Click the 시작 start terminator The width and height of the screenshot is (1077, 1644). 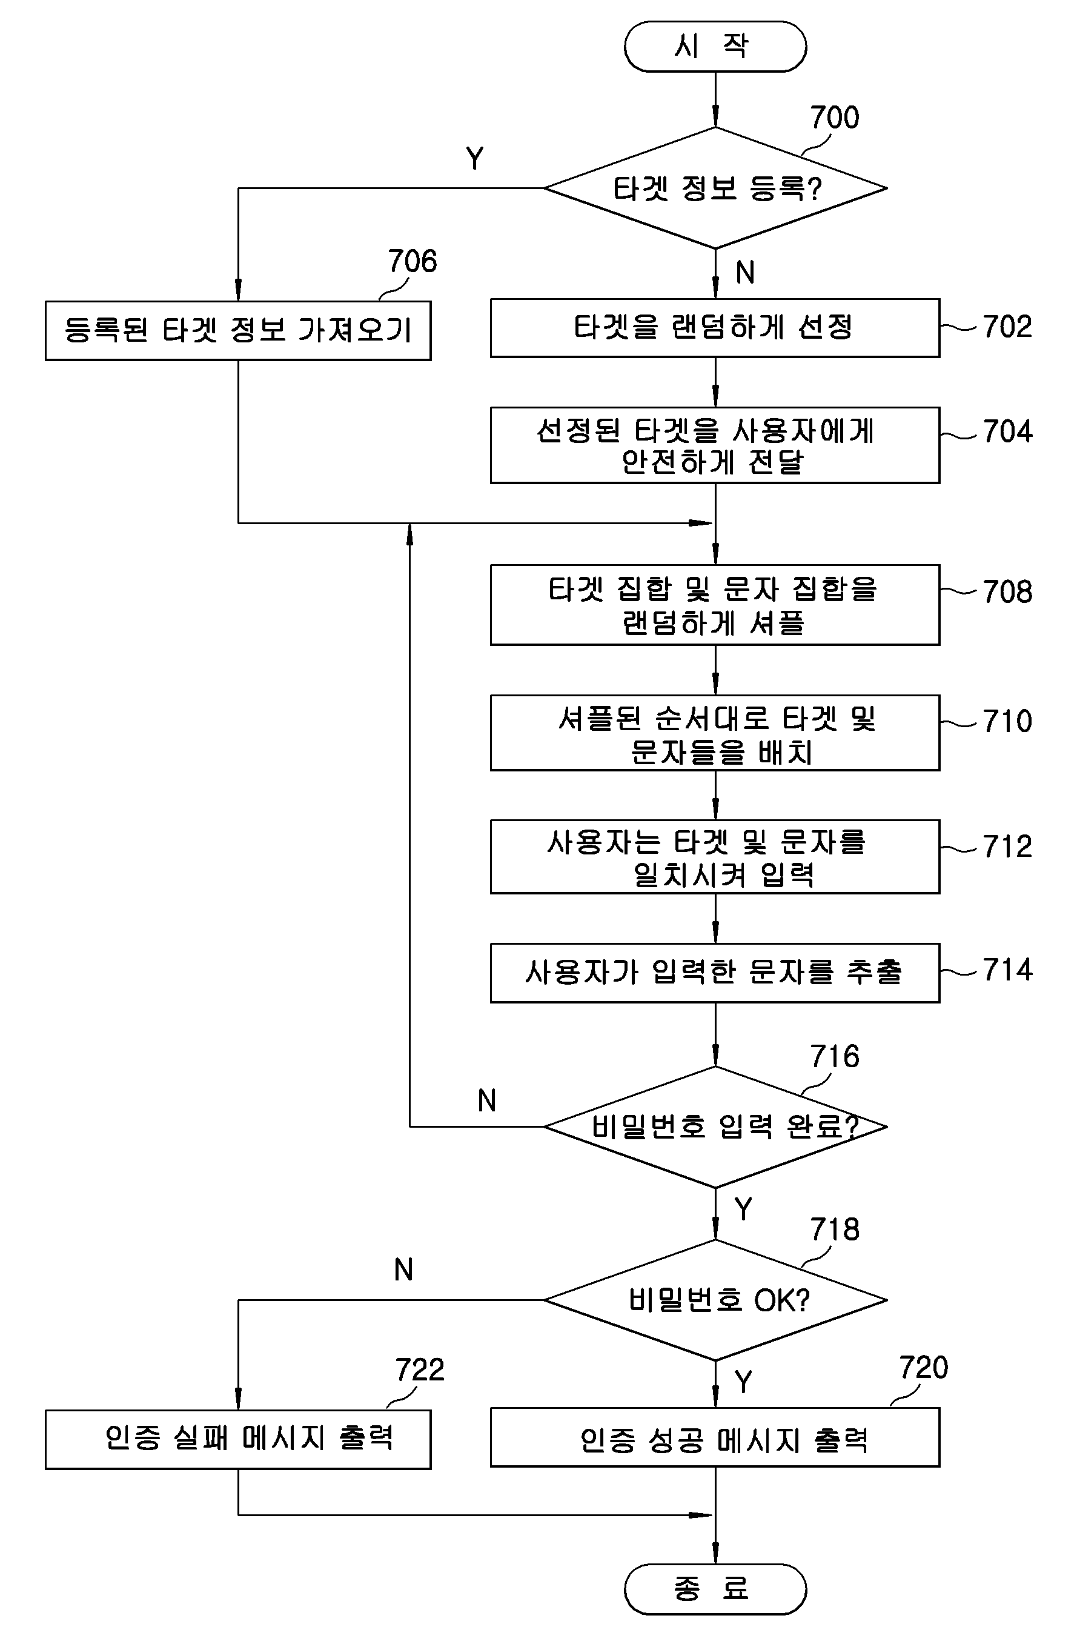coord(715,46)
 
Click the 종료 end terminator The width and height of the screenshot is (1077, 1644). coord(715,1589)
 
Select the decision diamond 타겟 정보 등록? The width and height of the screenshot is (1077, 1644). coord(715,188)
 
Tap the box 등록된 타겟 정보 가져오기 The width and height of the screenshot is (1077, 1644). coord(238,330)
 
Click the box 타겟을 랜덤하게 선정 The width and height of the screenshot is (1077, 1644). coord(715,328)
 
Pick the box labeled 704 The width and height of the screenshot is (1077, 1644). coord(715,445)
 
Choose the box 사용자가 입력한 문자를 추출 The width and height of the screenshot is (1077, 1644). coord(715,973)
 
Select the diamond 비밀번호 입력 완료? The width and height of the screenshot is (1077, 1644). coord(715,1127)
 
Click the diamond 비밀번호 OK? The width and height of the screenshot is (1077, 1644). coord(715,1300)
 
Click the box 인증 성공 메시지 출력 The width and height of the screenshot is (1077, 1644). coord(715,1437)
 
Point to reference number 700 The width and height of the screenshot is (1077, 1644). coord(835,118)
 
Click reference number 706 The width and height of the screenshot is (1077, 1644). coord(412,261)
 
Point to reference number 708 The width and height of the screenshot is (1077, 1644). coord(1008,592)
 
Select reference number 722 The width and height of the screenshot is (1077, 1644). coord(420,1369)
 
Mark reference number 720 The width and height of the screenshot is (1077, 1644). coord(924,1368)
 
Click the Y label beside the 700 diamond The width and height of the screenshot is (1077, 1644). coord(475,159)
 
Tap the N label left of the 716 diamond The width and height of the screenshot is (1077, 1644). coord(487,1100)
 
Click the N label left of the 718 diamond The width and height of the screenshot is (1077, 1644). coord(404,1270)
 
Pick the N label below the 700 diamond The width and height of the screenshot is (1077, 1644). coord(745,272)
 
